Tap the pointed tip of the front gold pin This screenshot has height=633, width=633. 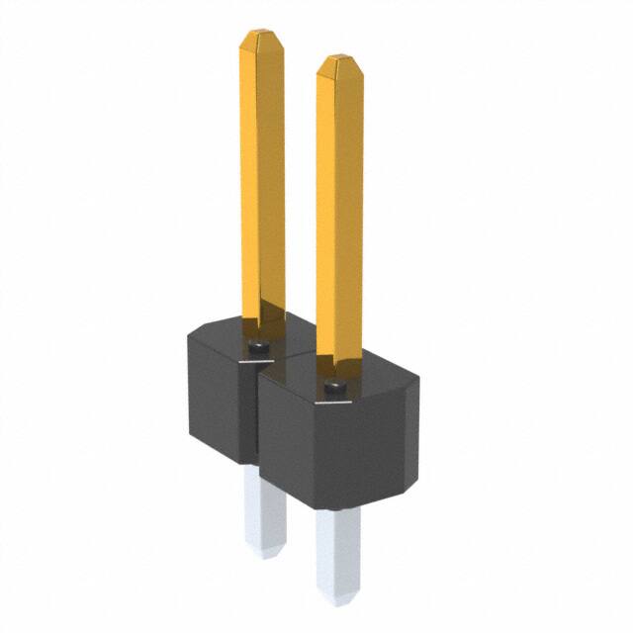pos(339,62)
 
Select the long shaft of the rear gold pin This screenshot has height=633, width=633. pos(262,178)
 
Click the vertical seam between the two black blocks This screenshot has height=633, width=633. pos(255,415)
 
